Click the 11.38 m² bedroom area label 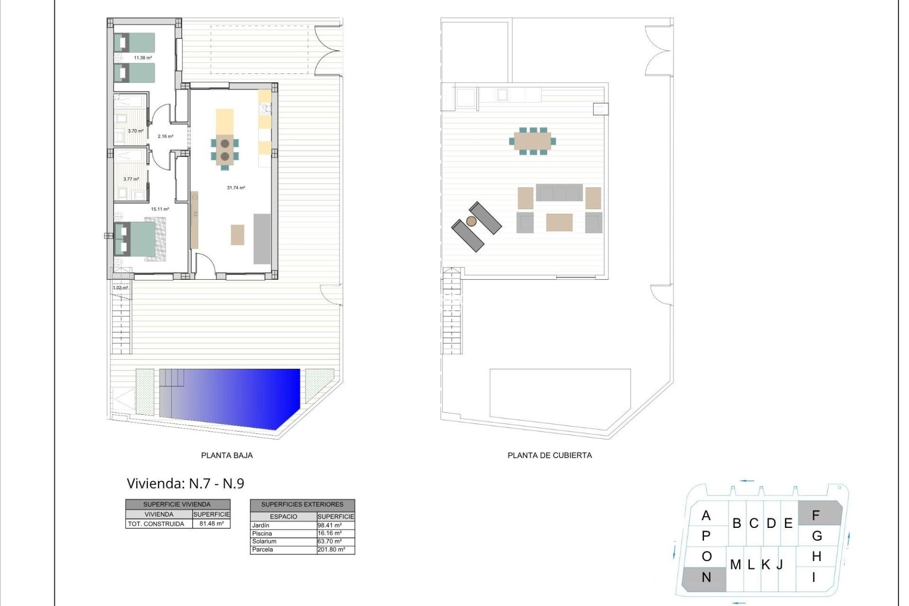143,58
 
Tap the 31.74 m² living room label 236,188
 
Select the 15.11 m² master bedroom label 160,209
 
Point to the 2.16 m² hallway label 165,136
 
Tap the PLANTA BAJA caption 227,455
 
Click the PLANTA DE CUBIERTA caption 549,455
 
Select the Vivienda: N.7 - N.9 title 185,483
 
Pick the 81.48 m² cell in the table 211,524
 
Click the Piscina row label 262,534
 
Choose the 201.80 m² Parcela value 331,550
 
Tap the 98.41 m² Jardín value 330,526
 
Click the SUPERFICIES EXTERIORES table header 302,505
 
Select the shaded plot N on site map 705,578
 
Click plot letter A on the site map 706,516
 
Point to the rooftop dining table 533,141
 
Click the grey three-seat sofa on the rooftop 559,193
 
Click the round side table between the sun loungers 471,221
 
